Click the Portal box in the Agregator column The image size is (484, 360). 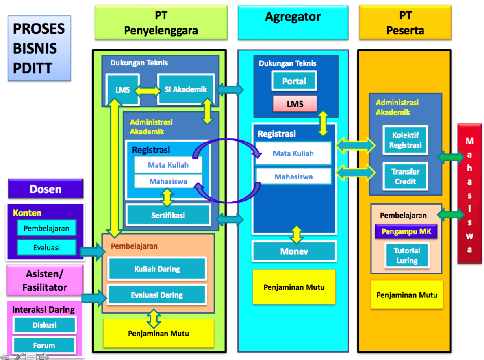(294, 81)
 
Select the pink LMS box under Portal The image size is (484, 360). (295, 104)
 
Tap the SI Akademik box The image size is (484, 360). (186, 89)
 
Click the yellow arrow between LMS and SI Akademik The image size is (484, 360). (148, 91)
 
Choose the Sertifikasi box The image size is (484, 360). (168, 215)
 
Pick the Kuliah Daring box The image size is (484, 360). (157, 269)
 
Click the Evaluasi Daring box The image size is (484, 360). (157, 295)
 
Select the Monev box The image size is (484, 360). (294, 251)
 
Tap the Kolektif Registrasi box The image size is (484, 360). (405, 140)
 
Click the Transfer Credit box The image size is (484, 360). (405, 177)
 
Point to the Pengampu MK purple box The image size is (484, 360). (406, 231)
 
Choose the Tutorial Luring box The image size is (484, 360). (407, 255)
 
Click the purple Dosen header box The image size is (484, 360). (46, 189)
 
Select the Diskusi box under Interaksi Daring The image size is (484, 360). (44, 325)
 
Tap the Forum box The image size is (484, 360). (44, 345)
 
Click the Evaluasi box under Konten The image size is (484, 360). (47, 247)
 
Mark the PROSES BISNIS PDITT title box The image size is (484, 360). (39, 48)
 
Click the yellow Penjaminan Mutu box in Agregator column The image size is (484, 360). (294, 287)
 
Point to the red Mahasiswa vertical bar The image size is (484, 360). (469, 194)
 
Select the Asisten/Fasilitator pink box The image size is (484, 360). (45, 281)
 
